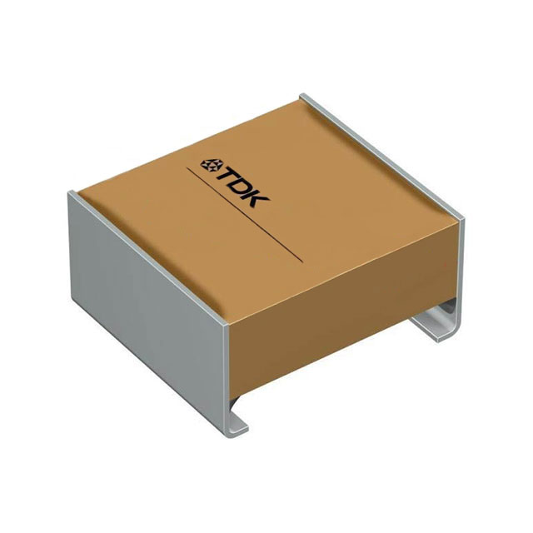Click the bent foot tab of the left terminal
point(237,421)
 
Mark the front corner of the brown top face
point(229,323)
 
